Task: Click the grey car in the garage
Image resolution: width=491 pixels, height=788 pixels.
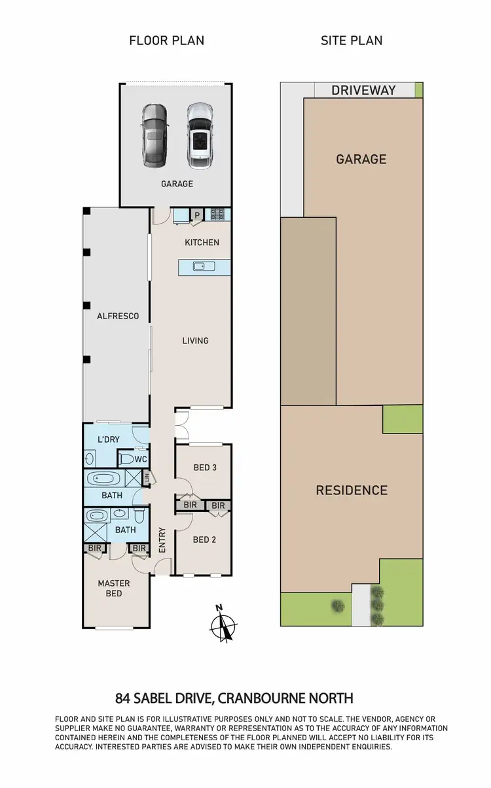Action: (155, 135)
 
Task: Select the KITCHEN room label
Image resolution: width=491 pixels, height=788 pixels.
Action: (202, 243)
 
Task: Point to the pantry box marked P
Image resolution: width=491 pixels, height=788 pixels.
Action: (196, 214)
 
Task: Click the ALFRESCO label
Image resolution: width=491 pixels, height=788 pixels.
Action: (118, 316)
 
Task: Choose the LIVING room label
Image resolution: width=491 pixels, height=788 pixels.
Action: (195, 340)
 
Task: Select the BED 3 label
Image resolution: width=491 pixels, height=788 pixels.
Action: (205, 468)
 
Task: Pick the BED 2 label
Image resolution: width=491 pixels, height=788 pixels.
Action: (204, 540)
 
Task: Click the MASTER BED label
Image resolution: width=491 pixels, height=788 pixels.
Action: (114, 588)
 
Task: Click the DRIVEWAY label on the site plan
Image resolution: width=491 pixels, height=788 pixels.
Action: (363, 90)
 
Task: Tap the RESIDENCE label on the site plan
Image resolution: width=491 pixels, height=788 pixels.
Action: (352, 490)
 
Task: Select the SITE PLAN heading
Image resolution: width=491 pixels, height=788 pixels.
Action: (352, 41)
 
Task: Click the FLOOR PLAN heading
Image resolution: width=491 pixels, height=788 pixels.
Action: (167, 41)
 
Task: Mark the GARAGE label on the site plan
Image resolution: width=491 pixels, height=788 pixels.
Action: (361, 159)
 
